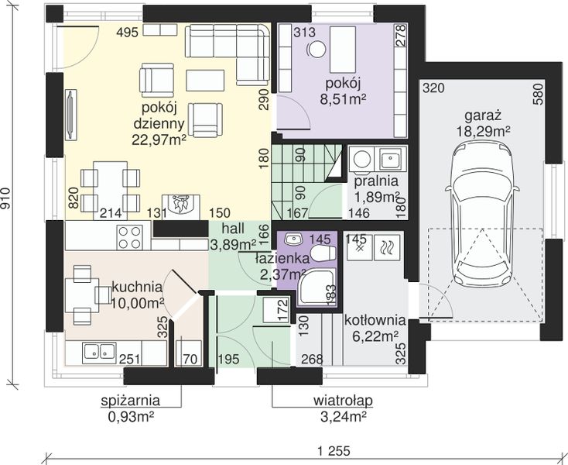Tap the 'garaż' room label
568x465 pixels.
pyautogui.click(x=483, y=115)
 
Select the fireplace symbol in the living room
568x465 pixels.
pyautogui.click(x=181, y=207)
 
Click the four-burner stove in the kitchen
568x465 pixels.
pyautogui.click(x=130, y=237)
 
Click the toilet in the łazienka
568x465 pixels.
pyautogui.click(x=323, y=253)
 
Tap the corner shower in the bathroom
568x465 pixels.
pyautogui.click(x=317, y=288)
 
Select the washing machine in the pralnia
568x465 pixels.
pyautogui.click(x=362, y=159)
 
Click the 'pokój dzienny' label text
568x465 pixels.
pyautogui.click(x=159, y=115)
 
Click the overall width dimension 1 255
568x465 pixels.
pyautogui.click(x=334, y=451)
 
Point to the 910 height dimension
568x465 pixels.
pyautogui.click(x=5, y=198)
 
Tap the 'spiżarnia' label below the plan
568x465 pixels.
pyautogui.click(x=131, y=401)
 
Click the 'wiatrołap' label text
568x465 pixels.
pyautogui.click(x=343, y=401)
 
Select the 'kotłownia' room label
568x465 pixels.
pyautogui.click(x=375, y=320)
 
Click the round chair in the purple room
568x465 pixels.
pyautogui.click(x=317, y=49)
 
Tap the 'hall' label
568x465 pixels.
pyautogui.click(x=233, y=229)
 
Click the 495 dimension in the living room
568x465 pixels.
pyautogui.click(x=127, y=33)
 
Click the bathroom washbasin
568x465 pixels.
pyautogui.click(x=293, y=239)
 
